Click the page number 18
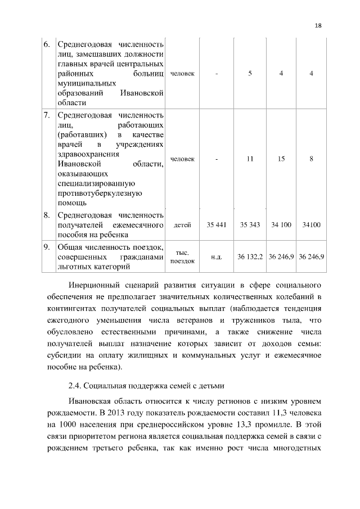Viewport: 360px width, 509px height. tap(318, 25)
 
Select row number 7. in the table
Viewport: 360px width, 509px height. tap(47, 115)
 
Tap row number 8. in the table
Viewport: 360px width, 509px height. tap(47, 215)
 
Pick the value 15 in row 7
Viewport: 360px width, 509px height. tap(281, 159)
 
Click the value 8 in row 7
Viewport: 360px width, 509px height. tap(311, 159)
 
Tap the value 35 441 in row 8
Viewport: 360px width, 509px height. tap(217, 225)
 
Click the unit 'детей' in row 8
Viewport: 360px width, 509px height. tap(182, 225)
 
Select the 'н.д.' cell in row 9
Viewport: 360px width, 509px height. tap(217, 256)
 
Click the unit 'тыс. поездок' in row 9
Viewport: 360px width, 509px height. tap(182, 257)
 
